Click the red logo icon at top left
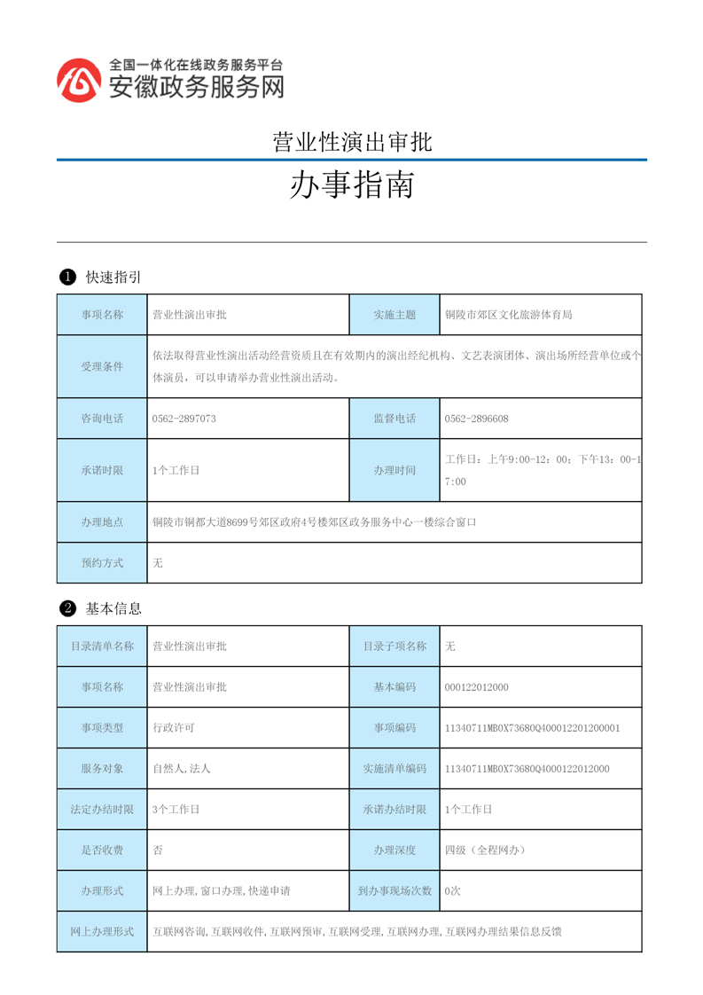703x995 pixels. pos(79,80)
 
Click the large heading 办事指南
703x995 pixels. pos(351,185)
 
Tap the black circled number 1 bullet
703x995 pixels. pos(66,278)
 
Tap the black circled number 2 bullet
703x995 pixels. pos(66,609)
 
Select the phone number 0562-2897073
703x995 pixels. pos(184,419)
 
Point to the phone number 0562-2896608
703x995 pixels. pos(476,419)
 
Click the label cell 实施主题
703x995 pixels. pos(394,315)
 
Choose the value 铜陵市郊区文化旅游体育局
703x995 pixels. pos(508,315)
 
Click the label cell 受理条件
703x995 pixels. pos(102,366)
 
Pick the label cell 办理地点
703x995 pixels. pos(102,522)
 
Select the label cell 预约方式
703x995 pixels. pos(102,563)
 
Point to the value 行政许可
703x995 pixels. pos(173,728)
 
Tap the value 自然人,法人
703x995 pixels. pos(182,769)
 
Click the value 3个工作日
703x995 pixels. pos(176,810)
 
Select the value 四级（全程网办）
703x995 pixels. pos(485,850)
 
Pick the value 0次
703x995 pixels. pos(452,891)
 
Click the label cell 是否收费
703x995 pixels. pos(102,850)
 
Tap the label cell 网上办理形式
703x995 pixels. pos(102,932)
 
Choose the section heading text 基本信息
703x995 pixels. pos(113,609)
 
